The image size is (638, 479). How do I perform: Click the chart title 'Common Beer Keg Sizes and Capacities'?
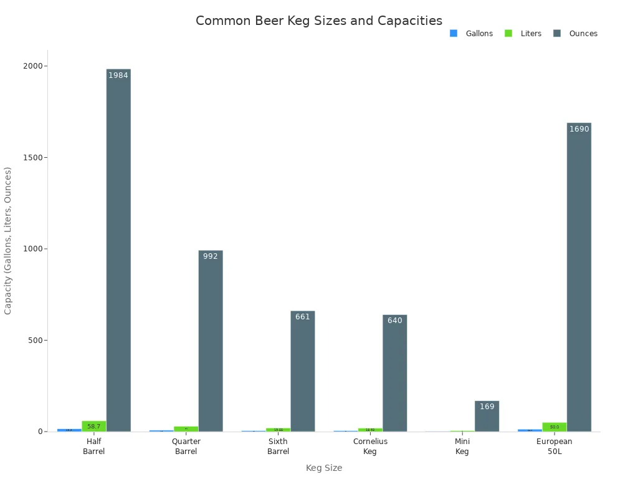319,21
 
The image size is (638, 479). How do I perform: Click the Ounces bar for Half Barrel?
118,249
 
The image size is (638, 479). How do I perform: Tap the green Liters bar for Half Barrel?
94,426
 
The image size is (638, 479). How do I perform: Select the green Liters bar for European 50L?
555,427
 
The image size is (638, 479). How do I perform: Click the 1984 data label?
118,75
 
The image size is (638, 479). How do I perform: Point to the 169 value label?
487,407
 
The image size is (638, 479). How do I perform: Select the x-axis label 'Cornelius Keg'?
370,447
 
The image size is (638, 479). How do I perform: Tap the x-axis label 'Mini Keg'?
462,447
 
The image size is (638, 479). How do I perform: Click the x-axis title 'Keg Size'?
324,468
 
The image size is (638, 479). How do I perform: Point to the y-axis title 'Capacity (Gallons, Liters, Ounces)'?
8,240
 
